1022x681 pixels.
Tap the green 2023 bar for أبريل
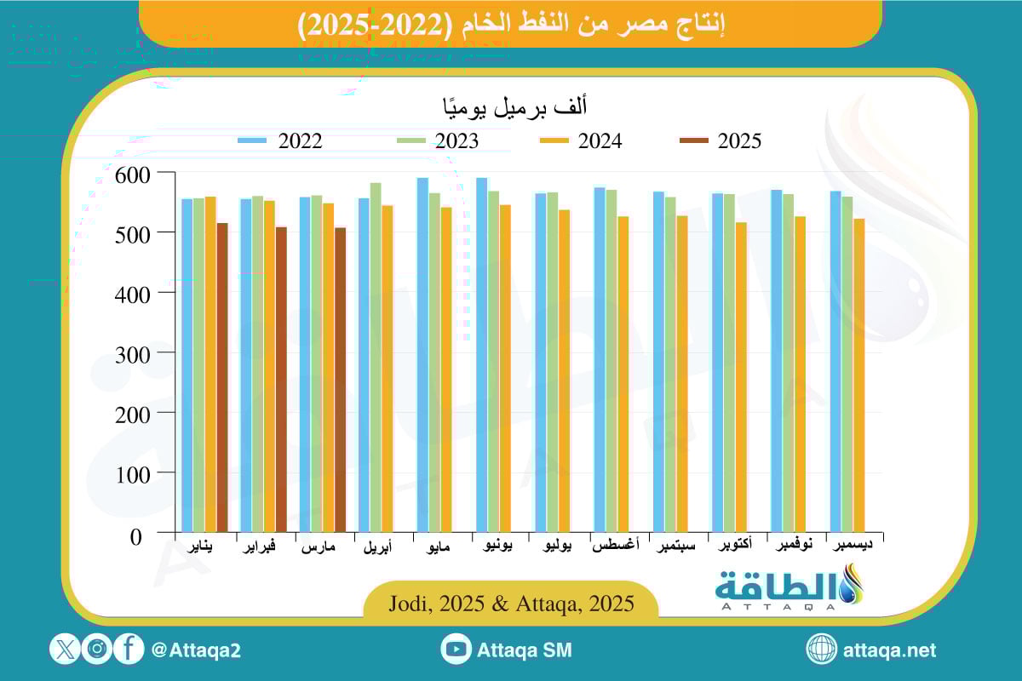pos(376,358)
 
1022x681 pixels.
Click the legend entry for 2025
pos(720,141)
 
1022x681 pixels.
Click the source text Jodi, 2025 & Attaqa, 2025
pos(511,604)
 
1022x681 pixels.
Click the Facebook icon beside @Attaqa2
pos(129,650)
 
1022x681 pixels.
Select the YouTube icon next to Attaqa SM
pos(456,650)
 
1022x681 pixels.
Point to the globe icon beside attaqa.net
pos(822,650)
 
